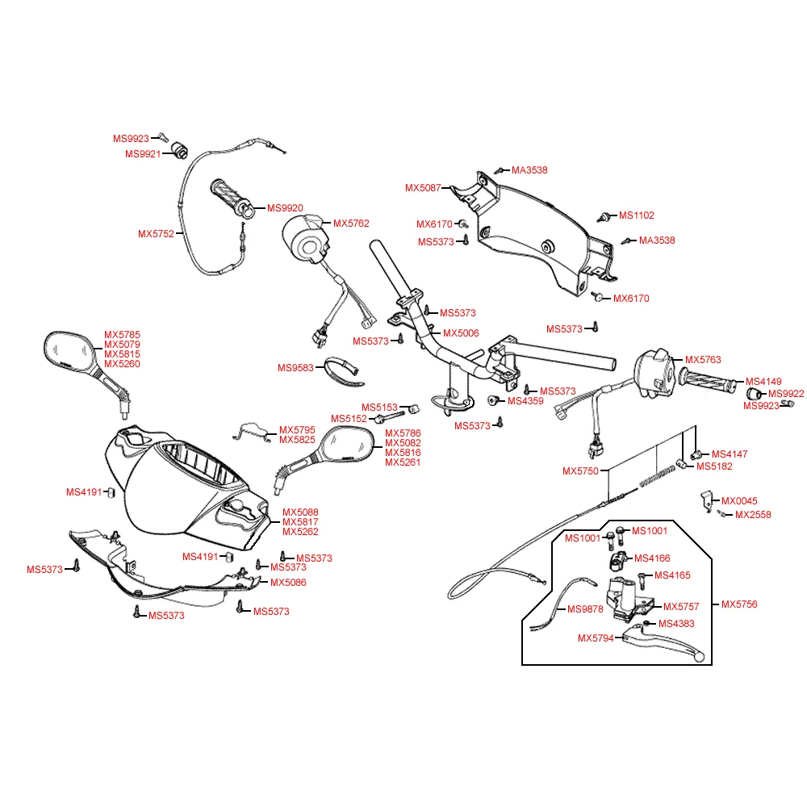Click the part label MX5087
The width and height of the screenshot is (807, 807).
click(423, 188)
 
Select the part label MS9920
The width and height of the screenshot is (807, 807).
click(285, 208)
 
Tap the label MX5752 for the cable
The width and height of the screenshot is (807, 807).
click(156, 234)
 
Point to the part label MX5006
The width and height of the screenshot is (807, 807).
click(462, 332)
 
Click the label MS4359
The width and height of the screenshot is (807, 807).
click(525, 400)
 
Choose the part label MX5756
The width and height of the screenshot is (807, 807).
click(739, 604)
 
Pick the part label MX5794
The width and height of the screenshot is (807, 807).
click(596, 638)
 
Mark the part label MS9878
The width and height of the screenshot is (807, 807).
click(585, 609)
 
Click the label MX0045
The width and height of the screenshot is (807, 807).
click(739, 501)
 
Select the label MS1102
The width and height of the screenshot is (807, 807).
click(637, 215)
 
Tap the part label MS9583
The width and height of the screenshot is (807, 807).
click(295, 368)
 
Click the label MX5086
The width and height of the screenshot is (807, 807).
click(288, 583)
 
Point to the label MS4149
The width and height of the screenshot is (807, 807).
click(763, 382)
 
